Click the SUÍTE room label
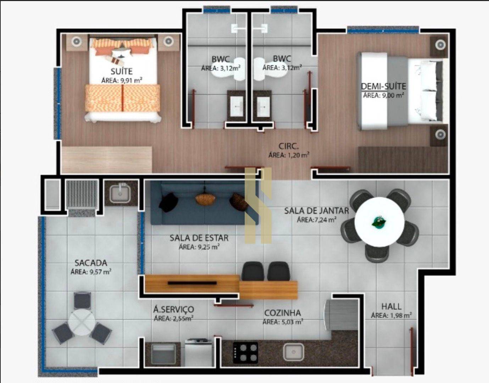click(121, 71)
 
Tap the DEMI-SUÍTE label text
click(383, 86)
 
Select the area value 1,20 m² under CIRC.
click(289, 155)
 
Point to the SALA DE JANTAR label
click(316, 211)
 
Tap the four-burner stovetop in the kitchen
click(245, 352)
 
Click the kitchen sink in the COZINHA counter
click(293, 352)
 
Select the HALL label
click(391, 306)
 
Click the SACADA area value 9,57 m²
click(91, 272)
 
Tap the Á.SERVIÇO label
click(173, 310)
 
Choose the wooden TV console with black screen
click(192, 283)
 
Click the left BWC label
click(221, 59)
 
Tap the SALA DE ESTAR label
click(199, 238)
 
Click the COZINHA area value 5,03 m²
click(283, 322)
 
